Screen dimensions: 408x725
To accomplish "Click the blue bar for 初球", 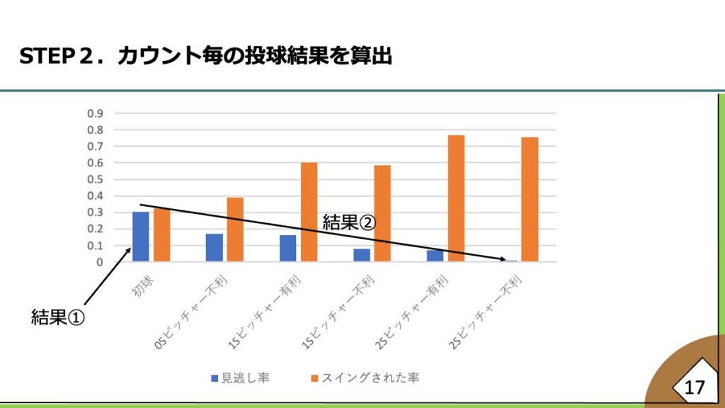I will pos(141,237).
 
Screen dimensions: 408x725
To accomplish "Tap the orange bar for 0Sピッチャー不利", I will pos(235,229).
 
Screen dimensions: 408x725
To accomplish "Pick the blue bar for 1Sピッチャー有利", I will pos(287,248).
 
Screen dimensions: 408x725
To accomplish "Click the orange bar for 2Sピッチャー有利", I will pos(456,198).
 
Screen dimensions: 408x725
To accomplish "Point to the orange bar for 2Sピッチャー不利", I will pos(530,199).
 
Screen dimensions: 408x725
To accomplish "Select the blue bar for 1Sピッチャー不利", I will pos(361,255).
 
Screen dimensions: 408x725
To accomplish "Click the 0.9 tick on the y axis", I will pos(95,113).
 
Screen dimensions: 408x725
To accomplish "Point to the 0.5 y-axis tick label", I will pos(95,179).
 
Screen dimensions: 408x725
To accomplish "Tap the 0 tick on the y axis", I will pos(100,262).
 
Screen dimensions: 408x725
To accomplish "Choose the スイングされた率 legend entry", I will pos(365,378).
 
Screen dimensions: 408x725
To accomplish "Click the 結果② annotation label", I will pos(349,221).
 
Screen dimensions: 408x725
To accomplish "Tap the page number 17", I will pos(695,387).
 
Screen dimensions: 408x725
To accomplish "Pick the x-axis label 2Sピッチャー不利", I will pos(487,312).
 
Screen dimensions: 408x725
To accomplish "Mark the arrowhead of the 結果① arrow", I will pos(130,248).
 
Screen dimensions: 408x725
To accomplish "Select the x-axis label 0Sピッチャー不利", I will pos(193,312).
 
